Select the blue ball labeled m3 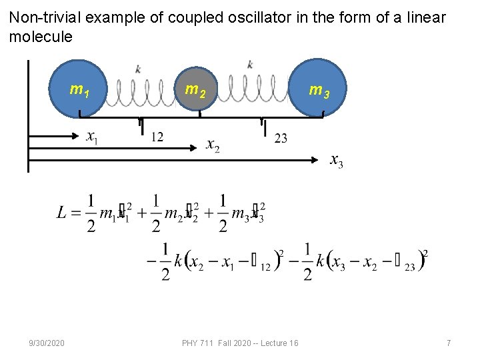tap(318, 89)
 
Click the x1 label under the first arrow tap(93, 137)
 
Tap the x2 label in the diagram tap(213, 145)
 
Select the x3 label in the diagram tap(337, 161)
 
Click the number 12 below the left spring tap(157, 137)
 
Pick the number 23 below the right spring tap(281, 138)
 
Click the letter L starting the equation tap(62, 213)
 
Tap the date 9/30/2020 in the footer tap(47, 343)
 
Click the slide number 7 tap(449, 343)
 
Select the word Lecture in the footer tap(269, 343)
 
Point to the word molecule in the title tap(41, 37)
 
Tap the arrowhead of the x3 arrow tap(316, 160)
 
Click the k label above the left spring tap(138, 69)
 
